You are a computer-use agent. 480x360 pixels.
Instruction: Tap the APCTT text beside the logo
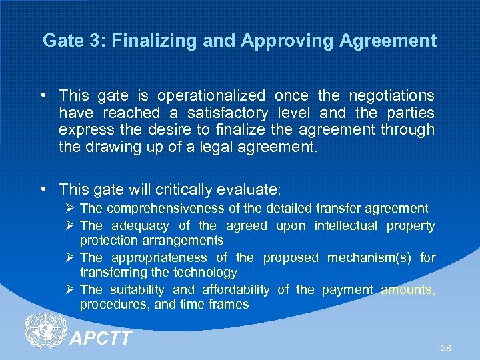pyautogui.click(x=101, y=339)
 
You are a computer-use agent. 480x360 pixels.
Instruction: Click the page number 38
pyautogui.click(x=445, y=349)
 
